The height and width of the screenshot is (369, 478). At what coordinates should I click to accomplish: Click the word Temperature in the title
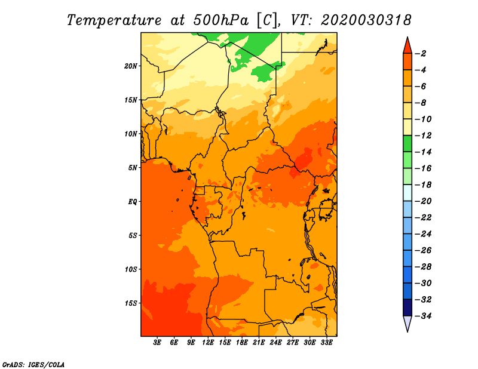click(x=114, y=20)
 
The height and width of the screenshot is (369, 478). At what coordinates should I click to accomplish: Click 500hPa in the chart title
click(x=220, y=20)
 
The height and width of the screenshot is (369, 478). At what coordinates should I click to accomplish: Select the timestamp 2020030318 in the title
click(x=366, y=20)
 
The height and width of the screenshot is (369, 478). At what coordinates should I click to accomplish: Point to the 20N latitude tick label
click(x=130, y=66)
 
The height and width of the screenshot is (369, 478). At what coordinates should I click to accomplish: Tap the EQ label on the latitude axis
click(x=132, y=202)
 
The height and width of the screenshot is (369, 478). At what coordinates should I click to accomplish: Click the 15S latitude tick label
click(x=130, y=303)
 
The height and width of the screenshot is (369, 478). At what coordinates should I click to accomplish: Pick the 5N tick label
click(x=132, y=168)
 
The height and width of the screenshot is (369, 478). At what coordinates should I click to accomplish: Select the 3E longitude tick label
click(x=157, y=343)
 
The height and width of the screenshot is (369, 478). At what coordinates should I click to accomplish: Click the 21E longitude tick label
click(x=259, y=343)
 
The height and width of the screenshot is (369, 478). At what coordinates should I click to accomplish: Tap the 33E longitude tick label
click(x=326, y=343)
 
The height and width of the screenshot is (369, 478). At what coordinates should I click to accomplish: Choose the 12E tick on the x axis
click(x=207, y=343)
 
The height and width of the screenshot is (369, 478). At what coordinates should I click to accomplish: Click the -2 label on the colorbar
click(x=421, y=54)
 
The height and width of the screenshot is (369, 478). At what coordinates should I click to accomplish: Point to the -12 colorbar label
click(x=423, y=136)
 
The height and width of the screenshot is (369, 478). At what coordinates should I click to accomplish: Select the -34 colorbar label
click(x=423, y=316)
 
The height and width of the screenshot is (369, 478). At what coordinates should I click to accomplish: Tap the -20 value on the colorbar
click(x=423, y=201)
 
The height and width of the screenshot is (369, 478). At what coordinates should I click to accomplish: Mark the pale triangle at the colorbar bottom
click(x=407, y=322)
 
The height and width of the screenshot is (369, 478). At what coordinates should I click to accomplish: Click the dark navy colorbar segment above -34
click(x=407, y=307)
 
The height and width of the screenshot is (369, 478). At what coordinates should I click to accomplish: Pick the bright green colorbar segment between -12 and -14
click(x=407, y=143)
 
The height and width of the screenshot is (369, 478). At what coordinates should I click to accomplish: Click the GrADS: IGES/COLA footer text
click(x=33, y=365)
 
